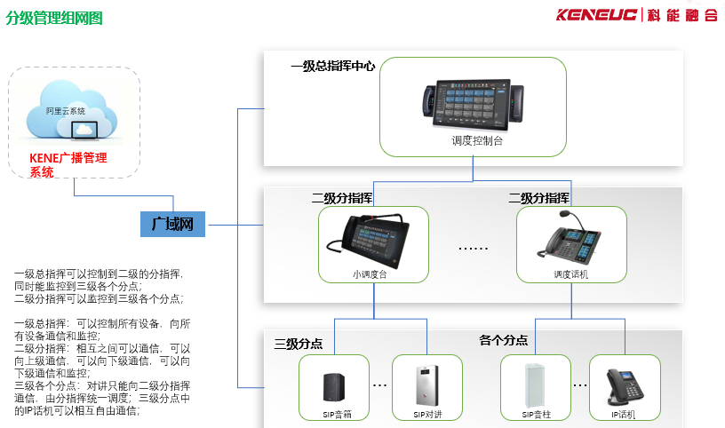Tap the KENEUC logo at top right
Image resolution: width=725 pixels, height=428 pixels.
click(636, 15)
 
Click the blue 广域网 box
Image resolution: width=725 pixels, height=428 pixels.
click(173, 225)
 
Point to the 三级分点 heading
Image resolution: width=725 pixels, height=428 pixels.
click(299, 344)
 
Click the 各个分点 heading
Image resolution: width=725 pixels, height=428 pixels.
click(503, 340)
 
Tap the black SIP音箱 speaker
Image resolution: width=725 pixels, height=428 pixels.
click(335, 386)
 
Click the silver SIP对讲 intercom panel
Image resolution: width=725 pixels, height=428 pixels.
click(426, 384)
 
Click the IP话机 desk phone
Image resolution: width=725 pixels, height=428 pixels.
click(625, 386)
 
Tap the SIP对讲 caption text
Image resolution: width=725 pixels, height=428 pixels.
click(426, 415)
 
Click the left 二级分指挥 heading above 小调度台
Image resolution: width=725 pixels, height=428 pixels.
click(341, 197)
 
